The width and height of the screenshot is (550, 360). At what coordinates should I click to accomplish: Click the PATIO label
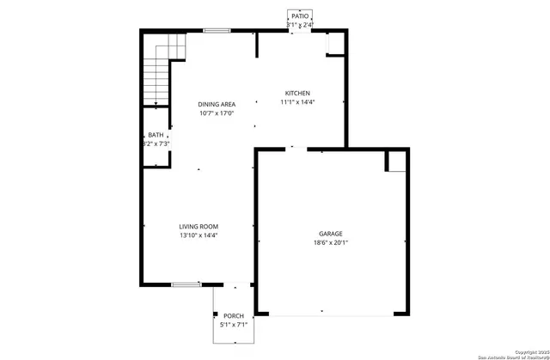point(299,15)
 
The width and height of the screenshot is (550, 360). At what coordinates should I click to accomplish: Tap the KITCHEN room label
point(298,94)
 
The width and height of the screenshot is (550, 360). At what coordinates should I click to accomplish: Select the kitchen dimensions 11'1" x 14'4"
point(298,103)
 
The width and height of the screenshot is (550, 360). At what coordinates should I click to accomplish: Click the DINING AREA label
point(217,104)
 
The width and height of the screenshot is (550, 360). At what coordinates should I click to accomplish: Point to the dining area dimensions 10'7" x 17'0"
point(217,113)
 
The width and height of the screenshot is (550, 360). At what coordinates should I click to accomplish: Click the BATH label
point(156,135)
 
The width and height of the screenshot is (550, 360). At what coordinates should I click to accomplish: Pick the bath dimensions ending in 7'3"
point(156,144)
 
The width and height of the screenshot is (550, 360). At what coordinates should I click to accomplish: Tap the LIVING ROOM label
point(199,227)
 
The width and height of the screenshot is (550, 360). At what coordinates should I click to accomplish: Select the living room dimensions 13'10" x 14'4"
point(199,236)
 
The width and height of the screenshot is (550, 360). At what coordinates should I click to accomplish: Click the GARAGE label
point(331,234)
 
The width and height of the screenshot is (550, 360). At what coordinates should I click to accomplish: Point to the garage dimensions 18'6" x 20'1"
point(331,243)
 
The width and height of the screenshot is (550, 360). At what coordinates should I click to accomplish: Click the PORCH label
point(234,316)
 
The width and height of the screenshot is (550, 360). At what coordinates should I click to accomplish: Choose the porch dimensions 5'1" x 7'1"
point(234,326)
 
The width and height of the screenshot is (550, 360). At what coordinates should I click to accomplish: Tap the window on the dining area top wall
point(217,32)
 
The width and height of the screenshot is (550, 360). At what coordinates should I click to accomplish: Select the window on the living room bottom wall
point(185,284)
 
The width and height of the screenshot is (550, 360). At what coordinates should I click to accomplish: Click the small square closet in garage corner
point(396,162)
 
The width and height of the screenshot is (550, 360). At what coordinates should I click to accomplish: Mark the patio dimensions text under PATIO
point(299,25)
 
